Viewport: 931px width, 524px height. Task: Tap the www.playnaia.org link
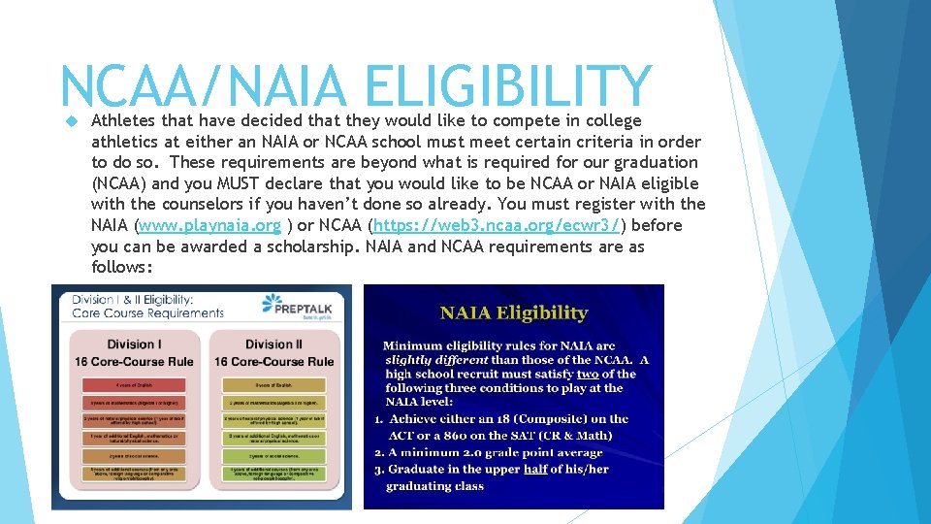click(x=210, y=225)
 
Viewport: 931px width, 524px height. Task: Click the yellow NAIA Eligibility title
click(x=514, y=312)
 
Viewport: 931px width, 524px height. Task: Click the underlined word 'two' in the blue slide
click(x=588, y=374)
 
